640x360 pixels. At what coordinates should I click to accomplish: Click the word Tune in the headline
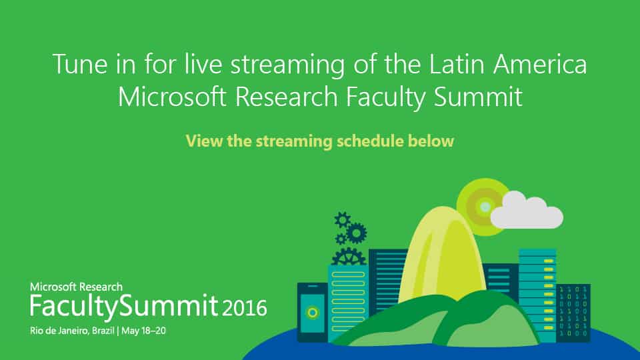pos(80,64)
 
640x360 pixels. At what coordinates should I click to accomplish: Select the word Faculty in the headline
pos(385,98)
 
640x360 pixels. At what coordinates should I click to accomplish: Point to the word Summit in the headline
pos(478,97)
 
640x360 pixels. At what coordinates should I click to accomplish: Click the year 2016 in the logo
pos(245,308)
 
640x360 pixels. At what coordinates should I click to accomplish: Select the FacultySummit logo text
pos(124,307)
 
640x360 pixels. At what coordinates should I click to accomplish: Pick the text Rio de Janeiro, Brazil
pos(72,331)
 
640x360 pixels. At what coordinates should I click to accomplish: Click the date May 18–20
pos(144,331)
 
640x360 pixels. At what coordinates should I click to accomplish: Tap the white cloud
pos(527,211)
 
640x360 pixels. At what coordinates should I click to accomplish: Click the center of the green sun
pos(485,207)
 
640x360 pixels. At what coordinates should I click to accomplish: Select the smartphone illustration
pos(312,312)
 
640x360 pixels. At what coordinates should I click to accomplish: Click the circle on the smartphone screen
pos(313,313)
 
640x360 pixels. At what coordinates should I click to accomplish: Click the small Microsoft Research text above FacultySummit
pos(76,287)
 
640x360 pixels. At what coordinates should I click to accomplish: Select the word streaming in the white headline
pos(288,65)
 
